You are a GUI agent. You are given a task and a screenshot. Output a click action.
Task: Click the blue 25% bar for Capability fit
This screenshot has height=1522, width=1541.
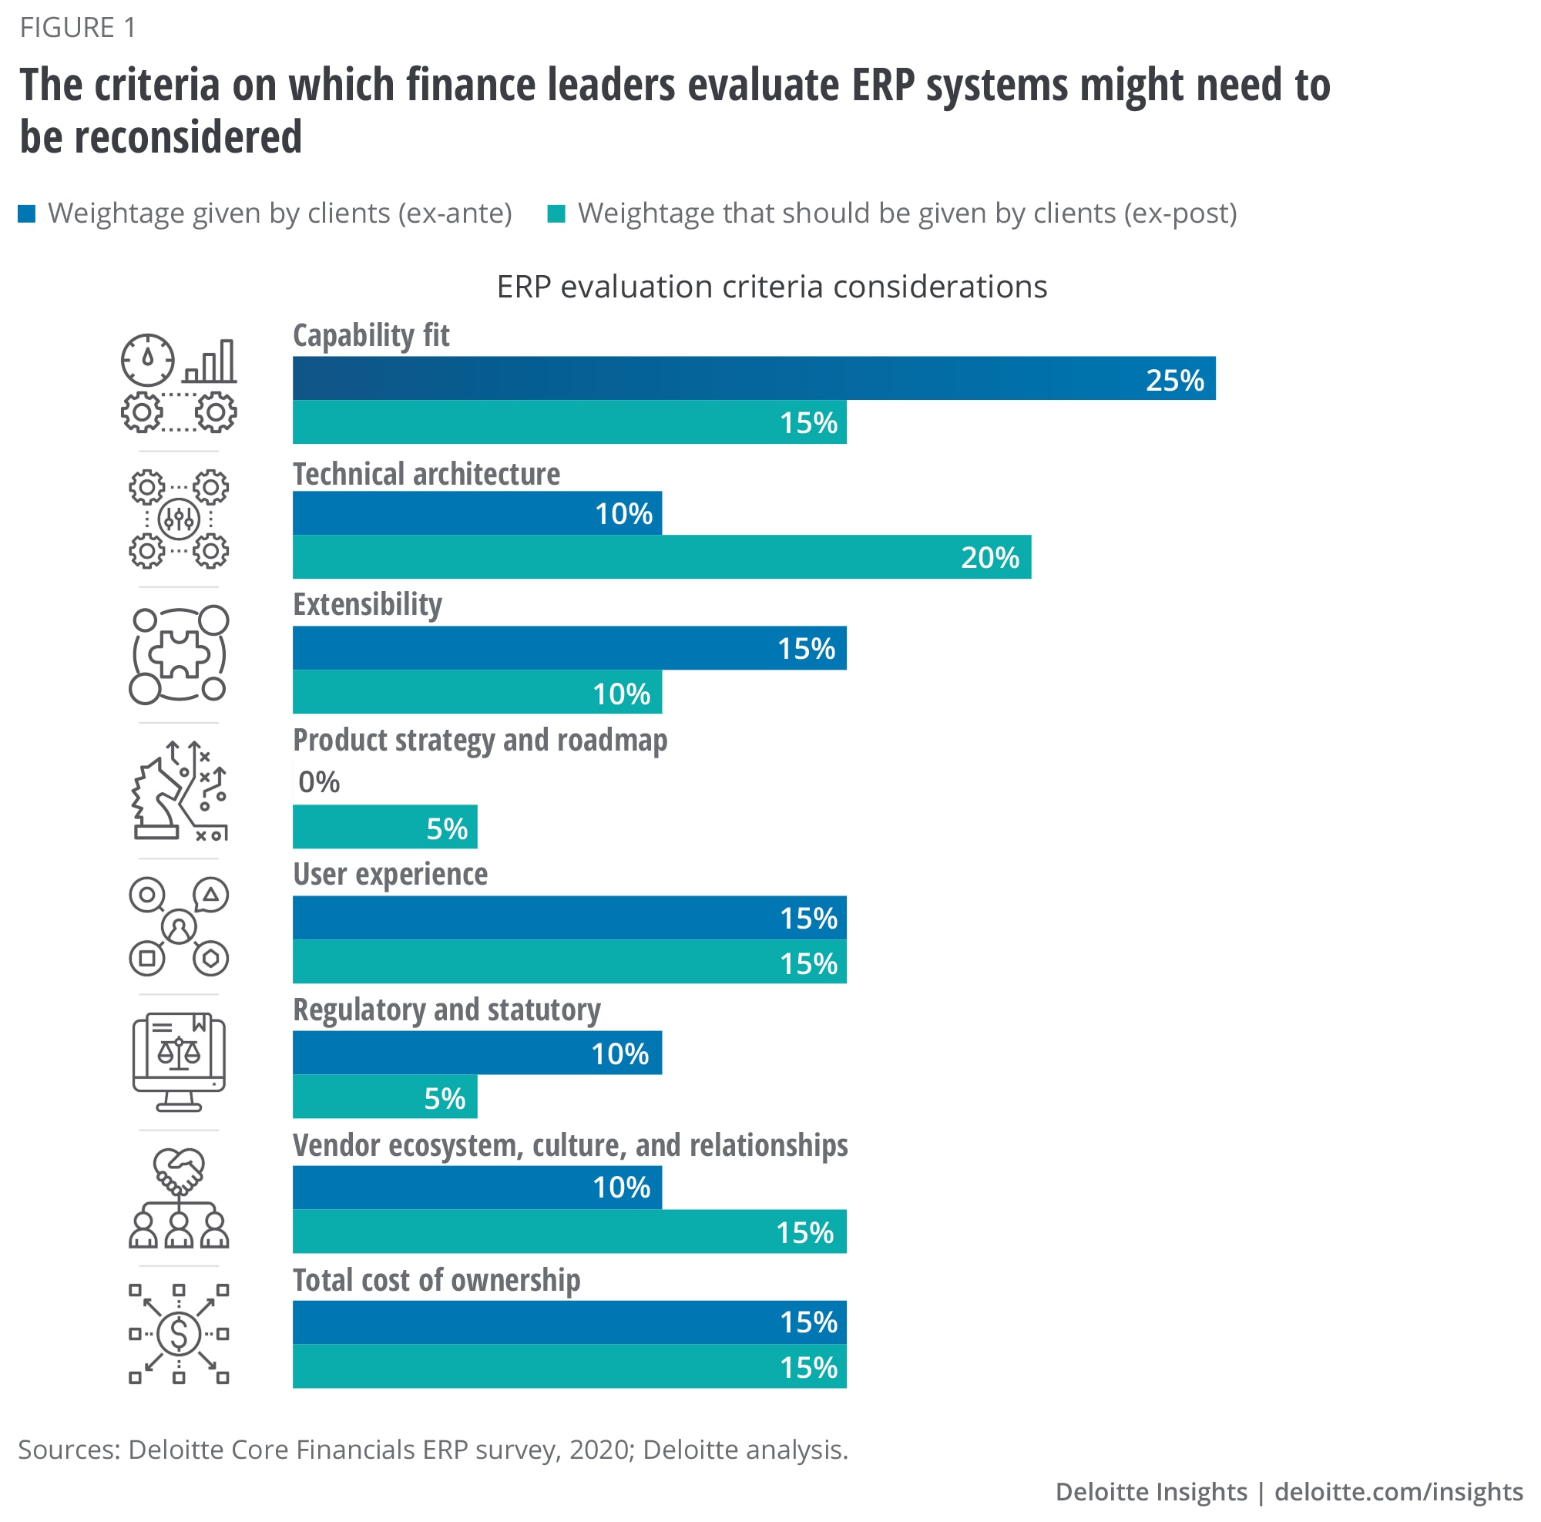coord(753,378)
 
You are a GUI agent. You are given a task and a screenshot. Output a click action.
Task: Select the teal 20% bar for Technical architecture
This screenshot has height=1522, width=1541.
coord(661,557)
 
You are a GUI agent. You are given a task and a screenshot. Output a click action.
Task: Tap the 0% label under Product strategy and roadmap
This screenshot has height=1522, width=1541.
coord(318,782)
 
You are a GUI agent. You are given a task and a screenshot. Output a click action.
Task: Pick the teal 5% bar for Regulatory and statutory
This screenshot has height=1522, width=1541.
coord(384,1097)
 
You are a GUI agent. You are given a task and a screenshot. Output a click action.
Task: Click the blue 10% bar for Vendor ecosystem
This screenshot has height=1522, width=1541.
coord(476,1187)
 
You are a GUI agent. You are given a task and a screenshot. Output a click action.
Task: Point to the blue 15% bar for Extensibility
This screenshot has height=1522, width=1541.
coord(569,648)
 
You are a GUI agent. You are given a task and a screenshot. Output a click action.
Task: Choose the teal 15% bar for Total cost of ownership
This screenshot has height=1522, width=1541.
coord(569,1366)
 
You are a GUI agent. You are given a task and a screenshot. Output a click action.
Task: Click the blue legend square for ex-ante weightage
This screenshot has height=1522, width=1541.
coord(27,213)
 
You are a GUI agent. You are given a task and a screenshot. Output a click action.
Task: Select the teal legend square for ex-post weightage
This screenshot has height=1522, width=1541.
coord(556,213)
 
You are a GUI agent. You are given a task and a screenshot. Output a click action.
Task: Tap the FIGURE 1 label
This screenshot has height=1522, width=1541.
coord(77,28)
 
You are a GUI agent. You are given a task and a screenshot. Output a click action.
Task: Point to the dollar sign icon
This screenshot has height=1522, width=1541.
coord(179,1334)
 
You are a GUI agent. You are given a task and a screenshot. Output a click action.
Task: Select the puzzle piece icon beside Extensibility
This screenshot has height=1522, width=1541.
coord(180,654)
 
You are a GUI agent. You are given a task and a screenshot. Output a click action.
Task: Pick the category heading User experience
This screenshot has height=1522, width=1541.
coord(390,874)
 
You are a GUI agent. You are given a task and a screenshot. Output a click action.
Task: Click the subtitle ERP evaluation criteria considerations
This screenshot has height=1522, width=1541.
coord(771,287)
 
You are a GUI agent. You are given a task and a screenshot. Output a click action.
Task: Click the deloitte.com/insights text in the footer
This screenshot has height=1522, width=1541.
coord(1398,1492)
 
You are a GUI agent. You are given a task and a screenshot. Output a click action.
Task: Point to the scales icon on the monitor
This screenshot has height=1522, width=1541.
coord(179,1053)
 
